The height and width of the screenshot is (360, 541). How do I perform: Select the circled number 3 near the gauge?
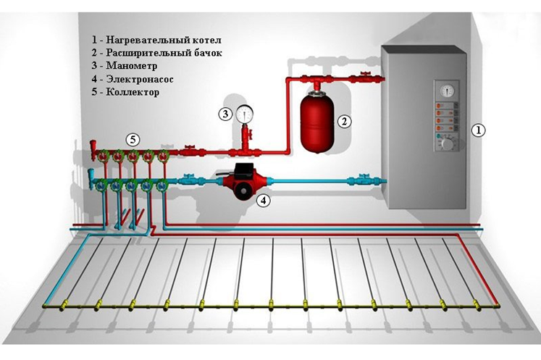click(226, 113)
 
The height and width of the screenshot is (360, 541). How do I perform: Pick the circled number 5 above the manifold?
click(131, 138)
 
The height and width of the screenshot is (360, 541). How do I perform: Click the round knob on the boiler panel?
click(447, 145)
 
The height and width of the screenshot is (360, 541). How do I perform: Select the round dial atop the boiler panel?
click(443, 90)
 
